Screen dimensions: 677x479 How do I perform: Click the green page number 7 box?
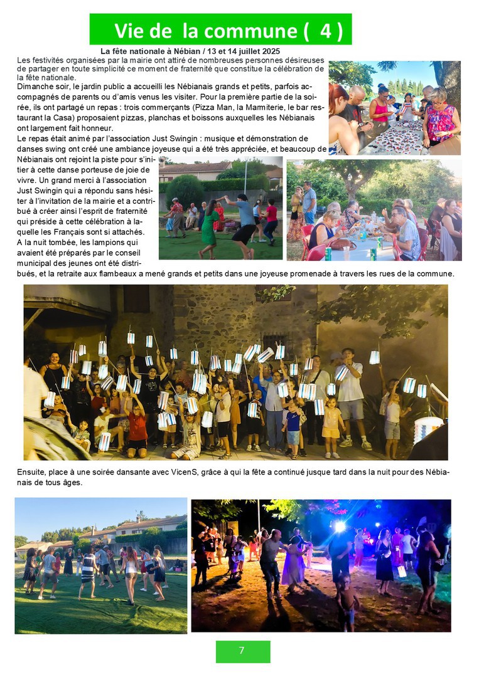(243, 651)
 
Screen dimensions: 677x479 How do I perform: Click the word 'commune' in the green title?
(251, 31)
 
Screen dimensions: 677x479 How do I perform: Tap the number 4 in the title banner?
(325, 31)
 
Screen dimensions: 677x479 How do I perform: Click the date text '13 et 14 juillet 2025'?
(241, 51)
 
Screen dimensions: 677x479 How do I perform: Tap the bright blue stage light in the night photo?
(340, 527)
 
